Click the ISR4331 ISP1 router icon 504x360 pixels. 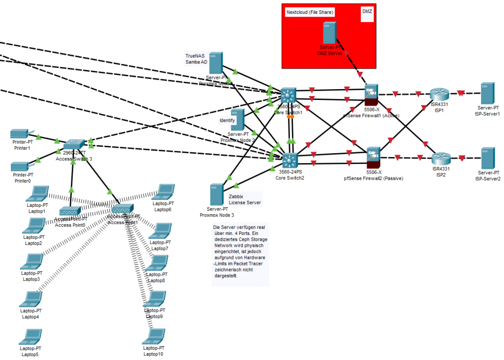tap(437, 95)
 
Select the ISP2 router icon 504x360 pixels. tap(441, 159)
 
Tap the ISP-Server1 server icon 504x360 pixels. tap(488, 93)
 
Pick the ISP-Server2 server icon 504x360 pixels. tap(488, 158)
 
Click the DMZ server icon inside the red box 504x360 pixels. tap(329, 33)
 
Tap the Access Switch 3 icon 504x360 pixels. tap(74, 144)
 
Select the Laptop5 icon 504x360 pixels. tap(31, 337)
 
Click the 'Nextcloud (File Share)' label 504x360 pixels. tap(310, 12)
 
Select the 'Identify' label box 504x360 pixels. tap(227, 120)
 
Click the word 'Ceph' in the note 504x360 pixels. tap(241, 239)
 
